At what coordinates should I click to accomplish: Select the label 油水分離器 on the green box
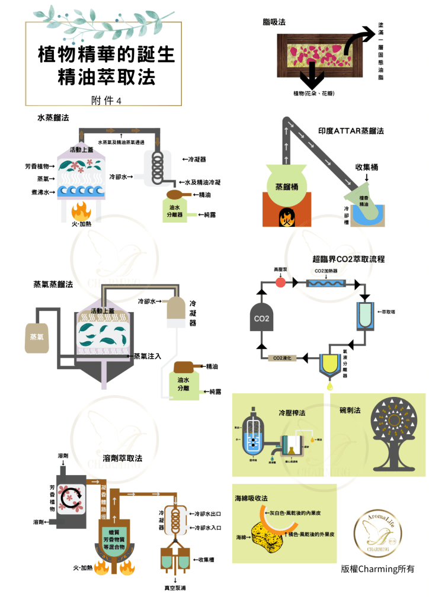174,211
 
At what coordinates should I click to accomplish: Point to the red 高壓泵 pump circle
280,283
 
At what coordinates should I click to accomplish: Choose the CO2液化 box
281,358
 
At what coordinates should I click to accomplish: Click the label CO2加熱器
326,270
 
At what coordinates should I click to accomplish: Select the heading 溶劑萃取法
123,458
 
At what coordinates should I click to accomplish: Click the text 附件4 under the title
107,100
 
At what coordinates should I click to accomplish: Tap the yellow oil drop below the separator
328,387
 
